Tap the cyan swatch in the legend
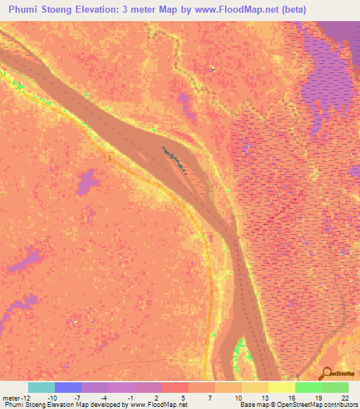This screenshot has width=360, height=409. coord(41,387)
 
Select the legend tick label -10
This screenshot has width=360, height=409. coord(52,398)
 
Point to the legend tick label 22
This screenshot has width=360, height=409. coord(345,398)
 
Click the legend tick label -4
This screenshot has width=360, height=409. coord(105,398)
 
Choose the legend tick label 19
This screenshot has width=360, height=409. coord(318,398)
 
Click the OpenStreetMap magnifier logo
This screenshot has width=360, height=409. coord(326,373)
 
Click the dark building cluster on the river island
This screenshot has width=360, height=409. coord(174,157)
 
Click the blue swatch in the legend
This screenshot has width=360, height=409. coord(68,387)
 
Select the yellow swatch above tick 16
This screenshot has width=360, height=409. coord(281,387)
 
